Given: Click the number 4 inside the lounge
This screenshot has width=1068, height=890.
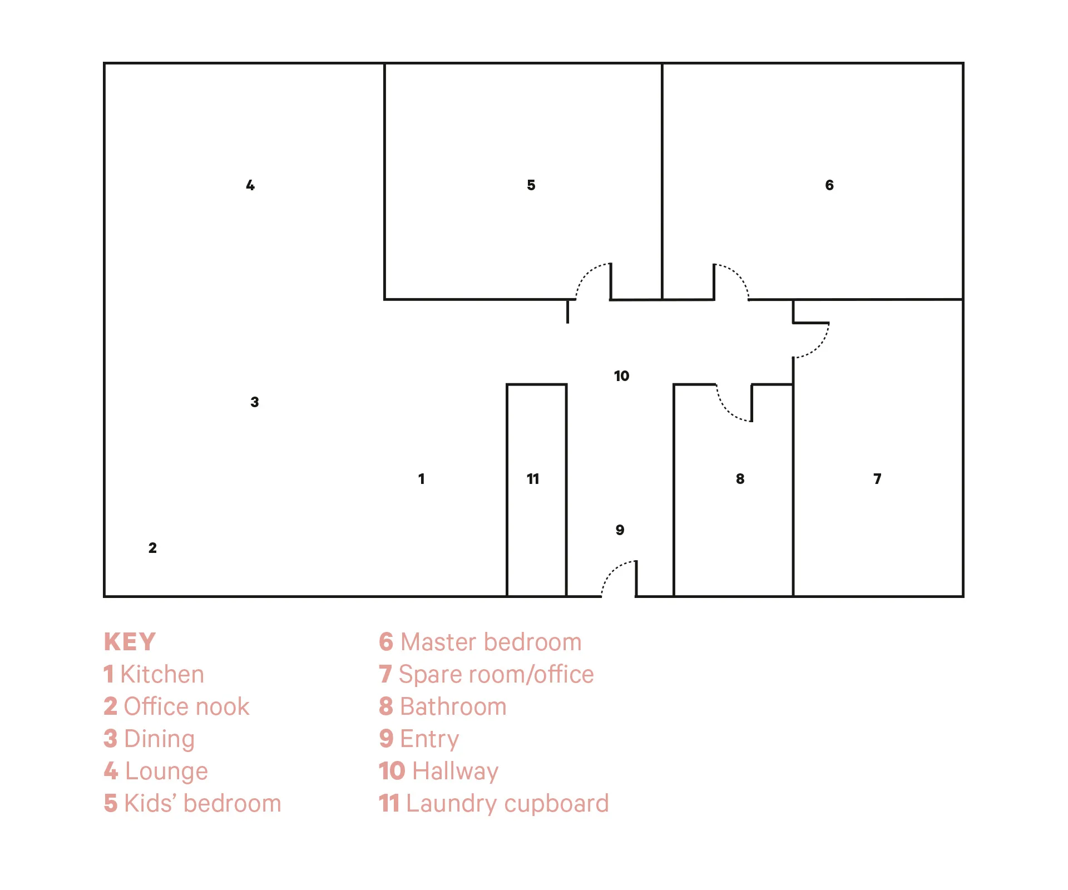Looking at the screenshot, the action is point(250,185).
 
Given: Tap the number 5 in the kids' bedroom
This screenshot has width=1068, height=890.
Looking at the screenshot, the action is point(531,185).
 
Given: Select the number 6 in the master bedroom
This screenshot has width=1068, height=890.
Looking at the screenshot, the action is point(829,185).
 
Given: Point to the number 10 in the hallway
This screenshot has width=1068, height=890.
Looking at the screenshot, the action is point(621,376).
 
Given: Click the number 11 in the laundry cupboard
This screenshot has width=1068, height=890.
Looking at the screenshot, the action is point(533,479).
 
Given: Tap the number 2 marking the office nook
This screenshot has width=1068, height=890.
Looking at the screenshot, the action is point(152,548).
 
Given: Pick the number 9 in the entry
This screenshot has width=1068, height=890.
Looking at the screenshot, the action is point(620,530).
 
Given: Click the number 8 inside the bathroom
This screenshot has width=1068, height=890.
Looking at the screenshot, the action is point(740,479).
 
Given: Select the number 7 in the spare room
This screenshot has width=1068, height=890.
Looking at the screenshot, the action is point(877,479).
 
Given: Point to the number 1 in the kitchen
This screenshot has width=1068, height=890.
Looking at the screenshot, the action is point(421,479).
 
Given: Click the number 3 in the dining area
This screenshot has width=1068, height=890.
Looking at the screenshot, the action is point(254,402).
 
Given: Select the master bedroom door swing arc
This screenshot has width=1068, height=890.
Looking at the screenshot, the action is point(739,275).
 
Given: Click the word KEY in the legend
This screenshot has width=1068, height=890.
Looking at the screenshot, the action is point(130,642).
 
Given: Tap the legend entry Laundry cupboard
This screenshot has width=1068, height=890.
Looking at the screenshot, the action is point(494,804).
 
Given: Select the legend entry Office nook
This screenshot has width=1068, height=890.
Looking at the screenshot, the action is point(176,706).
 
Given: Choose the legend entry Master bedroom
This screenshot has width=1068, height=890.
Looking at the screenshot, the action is point(480,642).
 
